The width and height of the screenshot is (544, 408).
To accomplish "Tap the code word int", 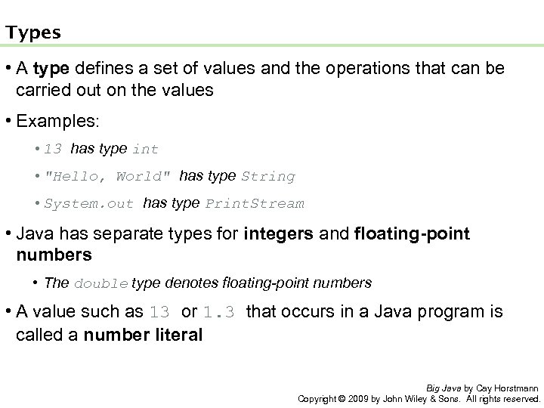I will coord(145,150).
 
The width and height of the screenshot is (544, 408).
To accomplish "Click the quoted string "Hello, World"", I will coord(110,177).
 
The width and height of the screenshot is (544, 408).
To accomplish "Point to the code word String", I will coord(267,177).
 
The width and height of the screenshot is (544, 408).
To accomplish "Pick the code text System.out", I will coord(89,203).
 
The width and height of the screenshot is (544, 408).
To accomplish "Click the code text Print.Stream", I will coord(255,203).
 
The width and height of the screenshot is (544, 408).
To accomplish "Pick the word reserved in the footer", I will coord(521,397).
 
